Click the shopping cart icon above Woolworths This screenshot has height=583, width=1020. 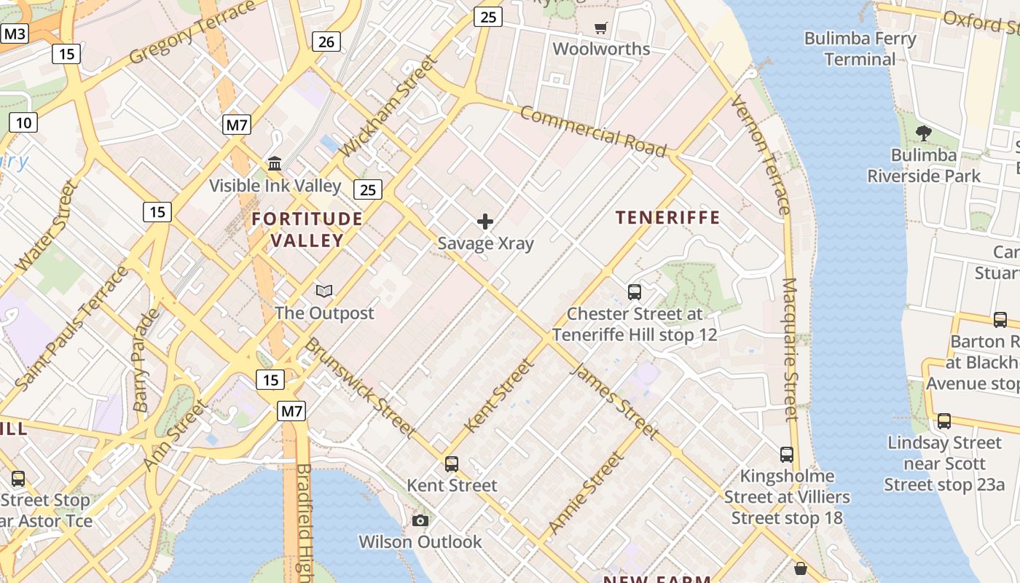[x=601, y=28]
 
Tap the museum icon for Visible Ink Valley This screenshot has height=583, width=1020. [x=275, y=163]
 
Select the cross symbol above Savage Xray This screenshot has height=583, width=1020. [x=485, y=222]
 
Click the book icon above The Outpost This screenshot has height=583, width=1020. [x=324, y=291]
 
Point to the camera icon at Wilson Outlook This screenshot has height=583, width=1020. [x=420, y=520]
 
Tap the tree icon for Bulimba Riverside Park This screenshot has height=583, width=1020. [x=924, y=133]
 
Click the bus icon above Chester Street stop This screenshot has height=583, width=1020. [x=635, y=292]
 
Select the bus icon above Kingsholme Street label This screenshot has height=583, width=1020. [x=787, y=455]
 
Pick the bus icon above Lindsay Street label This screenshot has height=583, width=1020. [x=944, y=420]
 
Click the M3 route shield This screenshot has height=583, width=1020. [x=15, y=34]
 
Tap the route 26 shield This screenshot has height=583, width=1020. [x=326, y=42]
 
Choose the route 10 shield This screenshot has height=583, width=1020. [x=23, y=122]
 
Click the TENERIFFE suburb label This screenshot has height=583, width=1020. [x=667, y=217]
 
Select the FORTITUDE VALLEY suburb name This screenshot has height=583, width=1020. [x=307, y=230]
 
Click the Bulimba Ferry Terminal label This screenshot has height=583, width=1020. [x=860, y=49]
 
